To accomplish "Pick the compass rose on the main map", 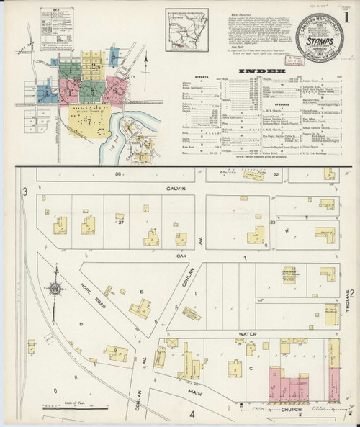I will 55,289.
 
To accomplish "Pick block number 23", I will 273,224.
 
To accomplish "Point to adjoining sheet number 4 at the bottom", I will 192,415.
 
